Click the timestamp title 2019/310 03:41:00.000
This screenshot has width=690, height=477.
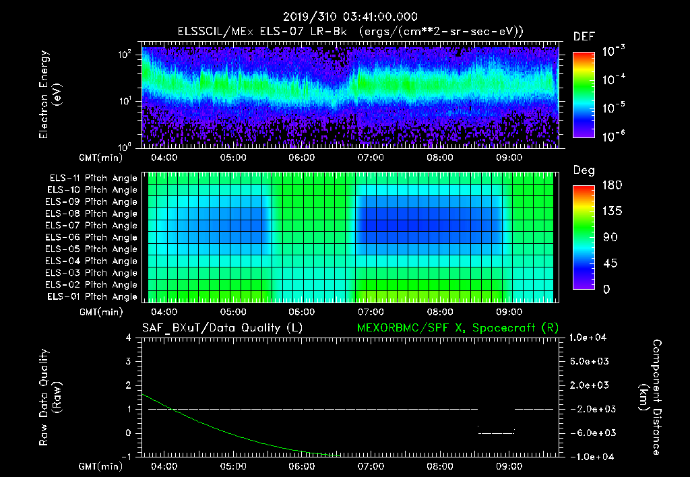tap(350, 17)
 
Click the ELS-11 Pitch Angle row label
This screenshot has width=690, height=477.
tap(93, 178)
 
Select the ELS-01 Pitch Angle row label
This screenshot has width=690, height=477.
tap(93, 296)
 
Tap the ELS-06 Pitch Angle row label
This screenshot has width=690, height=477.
tap(93, 237)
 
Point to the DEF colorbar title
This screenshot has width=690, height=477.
tap(584, 36)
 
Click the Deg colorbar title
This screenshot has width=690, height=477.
tap(584, 170)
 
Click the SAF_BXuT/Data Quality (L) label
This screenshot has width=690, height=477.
tap(222, 327)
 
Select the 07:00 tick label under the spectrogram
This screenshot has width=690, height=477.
tap(371, 158)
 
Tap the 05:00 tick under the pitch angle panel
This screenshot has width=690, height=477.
tap(232, 312)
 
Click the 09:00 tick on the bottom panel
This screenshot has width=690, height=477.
tap(509, 466)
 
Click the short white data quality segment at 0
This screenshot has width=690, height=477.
tap(496, 433)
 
